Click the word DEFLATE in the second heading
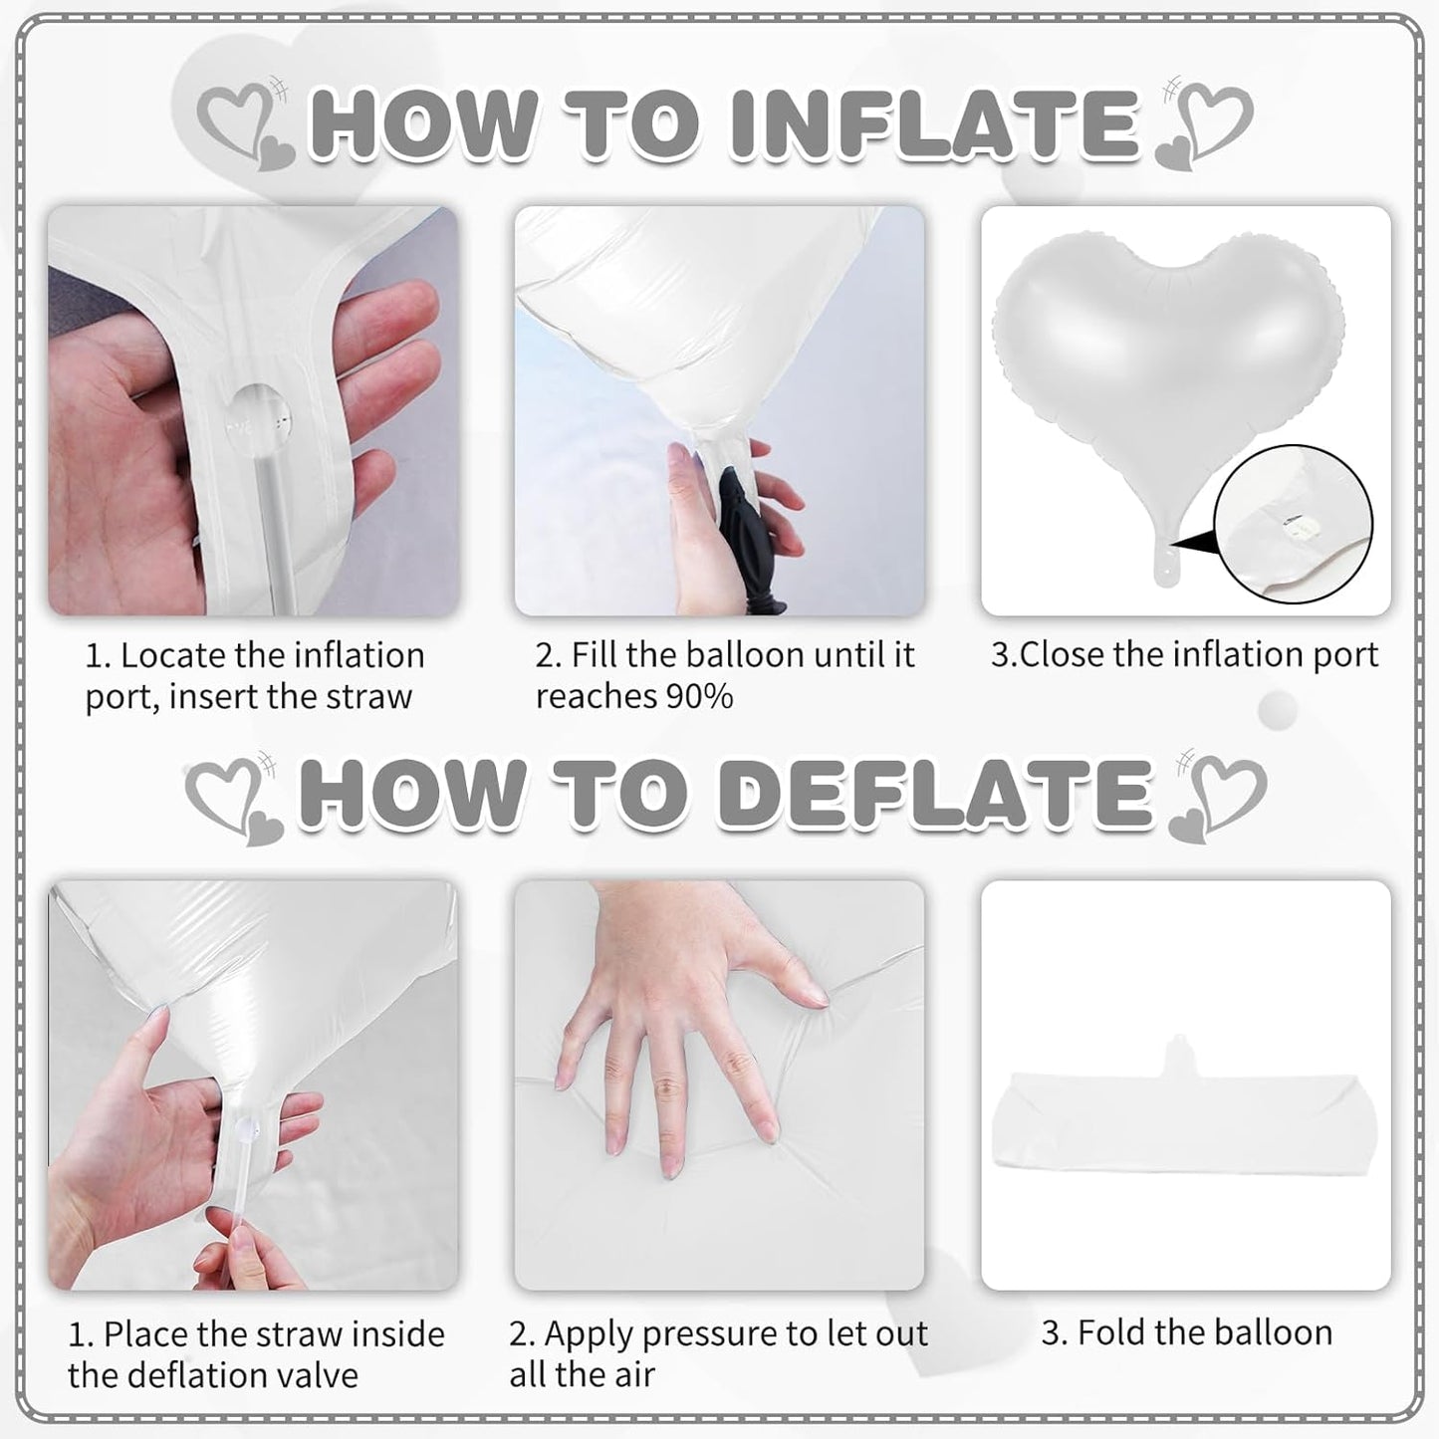[936, 794]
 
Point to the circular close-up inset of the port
[1293, 524]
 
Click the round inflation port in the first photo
[259, 419]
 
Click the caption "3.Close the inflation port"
[1184, 655]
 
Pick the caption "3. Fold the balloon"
[1187, 1333]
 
